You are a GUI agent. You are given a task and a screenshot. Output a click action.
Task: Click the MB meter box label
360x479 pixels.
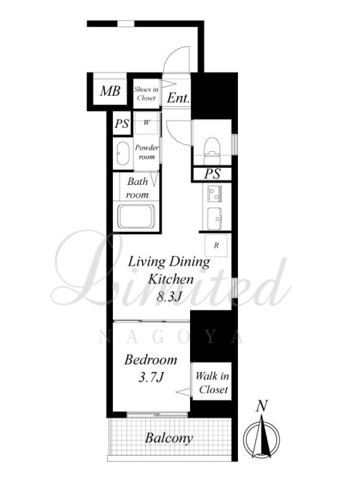tap(110, 91)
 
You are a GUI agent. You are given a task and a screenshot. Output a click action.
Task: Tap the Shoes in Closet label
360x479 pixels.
tap(147, 94)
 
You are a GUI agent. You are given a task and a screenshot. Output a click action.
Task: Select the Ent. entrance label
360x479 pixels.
tap(178, 98)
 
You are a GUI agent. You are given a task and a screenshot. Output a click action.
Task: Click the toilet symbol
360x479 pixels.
tap(212, 151)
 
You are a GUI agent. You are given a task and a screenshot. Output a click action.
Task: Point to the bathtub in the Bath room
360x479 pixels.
tap(136, 216)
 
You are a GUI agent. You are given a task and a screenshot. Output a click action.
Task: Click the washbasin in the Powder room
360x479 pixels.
tap(123, 154)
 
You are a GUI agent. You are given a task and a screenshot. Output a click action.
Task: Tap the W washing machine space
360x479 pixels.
tap(147, 123)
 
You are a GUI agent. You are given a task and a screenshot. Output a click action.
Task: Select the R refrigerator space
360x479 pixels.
tap(216, 245)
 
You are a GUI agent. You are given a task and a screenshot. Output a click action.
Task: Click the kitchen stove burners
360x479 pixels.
tap(214, 194)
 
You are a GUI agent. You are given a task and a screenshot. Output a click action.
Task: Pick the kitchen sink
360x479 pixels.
tap(215, 219)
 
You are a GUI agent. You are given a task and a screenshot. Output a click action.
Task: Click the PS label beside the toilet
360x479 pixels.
tap(212, 174)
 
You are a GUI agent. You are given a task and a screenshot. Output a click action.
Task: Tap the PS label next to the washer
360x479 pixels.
tap(122, 123)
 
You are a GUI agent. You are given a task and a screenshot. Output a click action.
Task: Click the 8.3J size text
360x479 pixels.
tap(167, 296)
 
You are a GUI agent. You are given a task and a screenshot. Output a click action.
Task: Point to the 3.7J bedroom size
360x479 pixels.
tap(151, 377)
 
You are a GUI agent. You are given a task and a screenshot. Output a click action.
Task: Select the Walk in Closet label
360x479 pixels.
tap(212, 382)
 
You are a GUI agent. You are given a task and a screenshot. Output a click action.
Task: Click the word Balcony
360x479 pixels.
tap(168, 439)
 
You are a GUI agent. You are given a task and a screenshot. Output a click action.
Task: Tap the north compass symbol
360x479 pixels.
tap(262, 439)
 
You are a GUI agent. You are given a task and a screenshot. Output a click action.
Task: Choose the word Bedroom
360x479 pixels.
tap(150, 360)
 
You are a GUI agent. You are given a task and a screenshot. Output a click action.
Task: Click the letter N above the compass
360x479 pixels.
tap(262, 406)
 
